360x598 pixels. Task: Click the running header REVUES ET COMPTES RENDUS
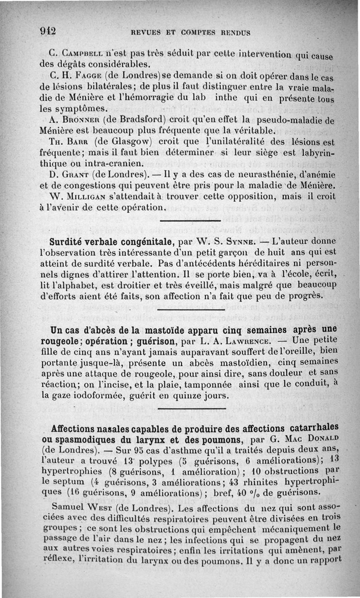click(x=190, y=32)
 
